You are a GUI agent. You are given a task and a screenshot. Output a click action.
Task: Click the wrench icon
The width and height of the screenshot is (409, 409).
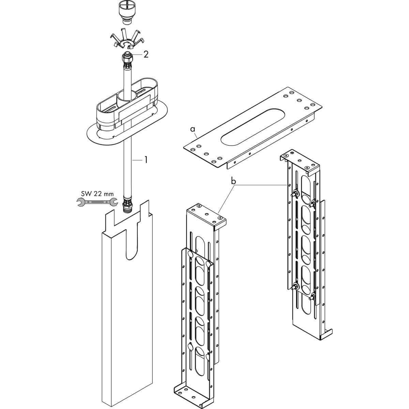tap(97, 202)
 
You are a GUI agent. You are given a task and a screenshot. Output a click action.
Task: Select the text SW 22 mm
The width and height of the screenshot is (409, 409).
tap(97, 194)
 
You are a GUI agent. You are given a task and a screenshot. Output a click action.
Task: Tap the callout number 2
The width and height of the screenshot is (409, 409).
tap(146, 55)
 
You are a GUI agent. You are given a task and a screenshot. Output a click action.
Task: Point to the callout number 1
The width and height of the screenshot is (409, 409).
tap(146, 160)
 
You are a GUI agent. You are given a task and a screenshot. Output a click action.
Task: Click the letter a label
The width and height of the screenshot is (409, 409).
tap(193, 129)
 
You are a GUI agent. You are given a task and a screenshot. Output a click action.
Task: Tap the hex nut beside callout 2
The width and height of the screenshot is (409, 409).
tap(127, 58)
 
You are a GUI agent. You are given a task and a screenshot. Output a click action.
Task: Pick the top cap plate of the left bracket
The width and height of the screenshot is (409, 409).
tap(206, 215)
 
